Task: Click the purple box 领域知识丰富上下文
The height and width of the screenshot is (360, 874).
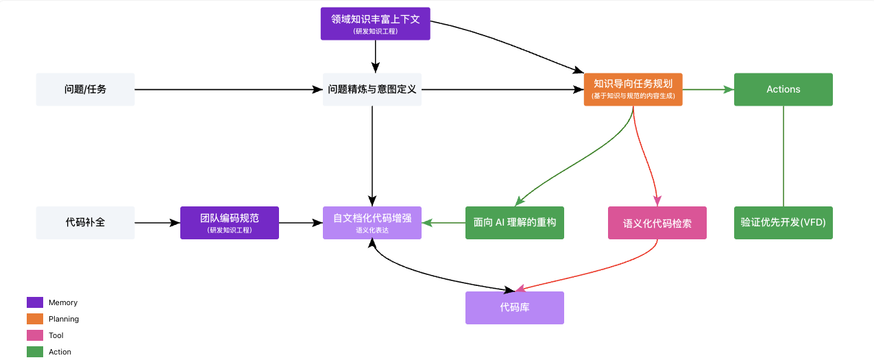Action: tap(376, 23)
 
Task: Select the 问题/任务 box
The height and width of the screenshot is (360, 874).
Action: tap(86, 89)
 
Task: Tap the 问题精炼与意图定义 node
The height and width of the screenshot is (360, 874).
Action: tap(372, 89)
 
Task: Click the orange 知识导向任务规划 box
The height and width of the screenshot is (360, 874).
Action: tap(633, 89)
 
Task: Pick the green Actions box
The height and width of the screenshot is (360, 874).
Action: tap(783, 89)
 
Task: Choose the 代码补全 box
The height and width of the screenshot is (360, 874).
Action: tap(86, 223)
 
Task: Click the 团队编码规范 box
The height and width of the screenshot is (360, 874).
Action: tap(230, 223)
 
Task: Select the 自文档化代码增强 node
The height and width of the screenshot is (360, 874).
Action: tap(372, 223)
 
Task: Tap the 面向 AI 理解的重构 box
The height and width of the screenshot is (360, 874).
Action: tap(515, 223)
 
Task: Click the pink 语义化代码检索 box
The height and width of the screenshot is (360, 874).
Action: tap(657, 223)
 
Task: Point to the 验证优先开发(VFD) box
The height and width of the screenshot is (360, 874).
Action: tap(783, 223)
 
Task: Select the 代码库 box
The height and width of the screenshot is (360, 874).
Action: tap(515, 308)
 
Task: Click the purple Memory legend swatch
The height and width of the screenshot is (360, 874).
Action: tap(35, 302)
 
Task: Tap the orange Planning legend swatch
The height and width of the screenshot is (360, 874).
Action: tap(35, 319)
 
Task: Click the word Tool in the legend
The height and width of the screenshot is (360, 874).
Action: tap(56, 335)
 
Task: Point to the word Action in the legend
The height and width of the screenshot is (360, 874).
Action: tap(60, 352)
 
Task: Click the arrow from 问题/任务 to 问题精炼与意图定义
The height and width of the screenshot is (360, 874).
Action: tap(229, 89)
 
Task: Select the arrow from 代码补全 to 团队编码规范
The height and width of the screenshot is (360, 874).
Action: tap(158, 223)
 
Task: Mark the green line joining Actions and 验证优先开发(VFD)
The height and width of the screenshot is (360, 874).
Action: tap(783, 156)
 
